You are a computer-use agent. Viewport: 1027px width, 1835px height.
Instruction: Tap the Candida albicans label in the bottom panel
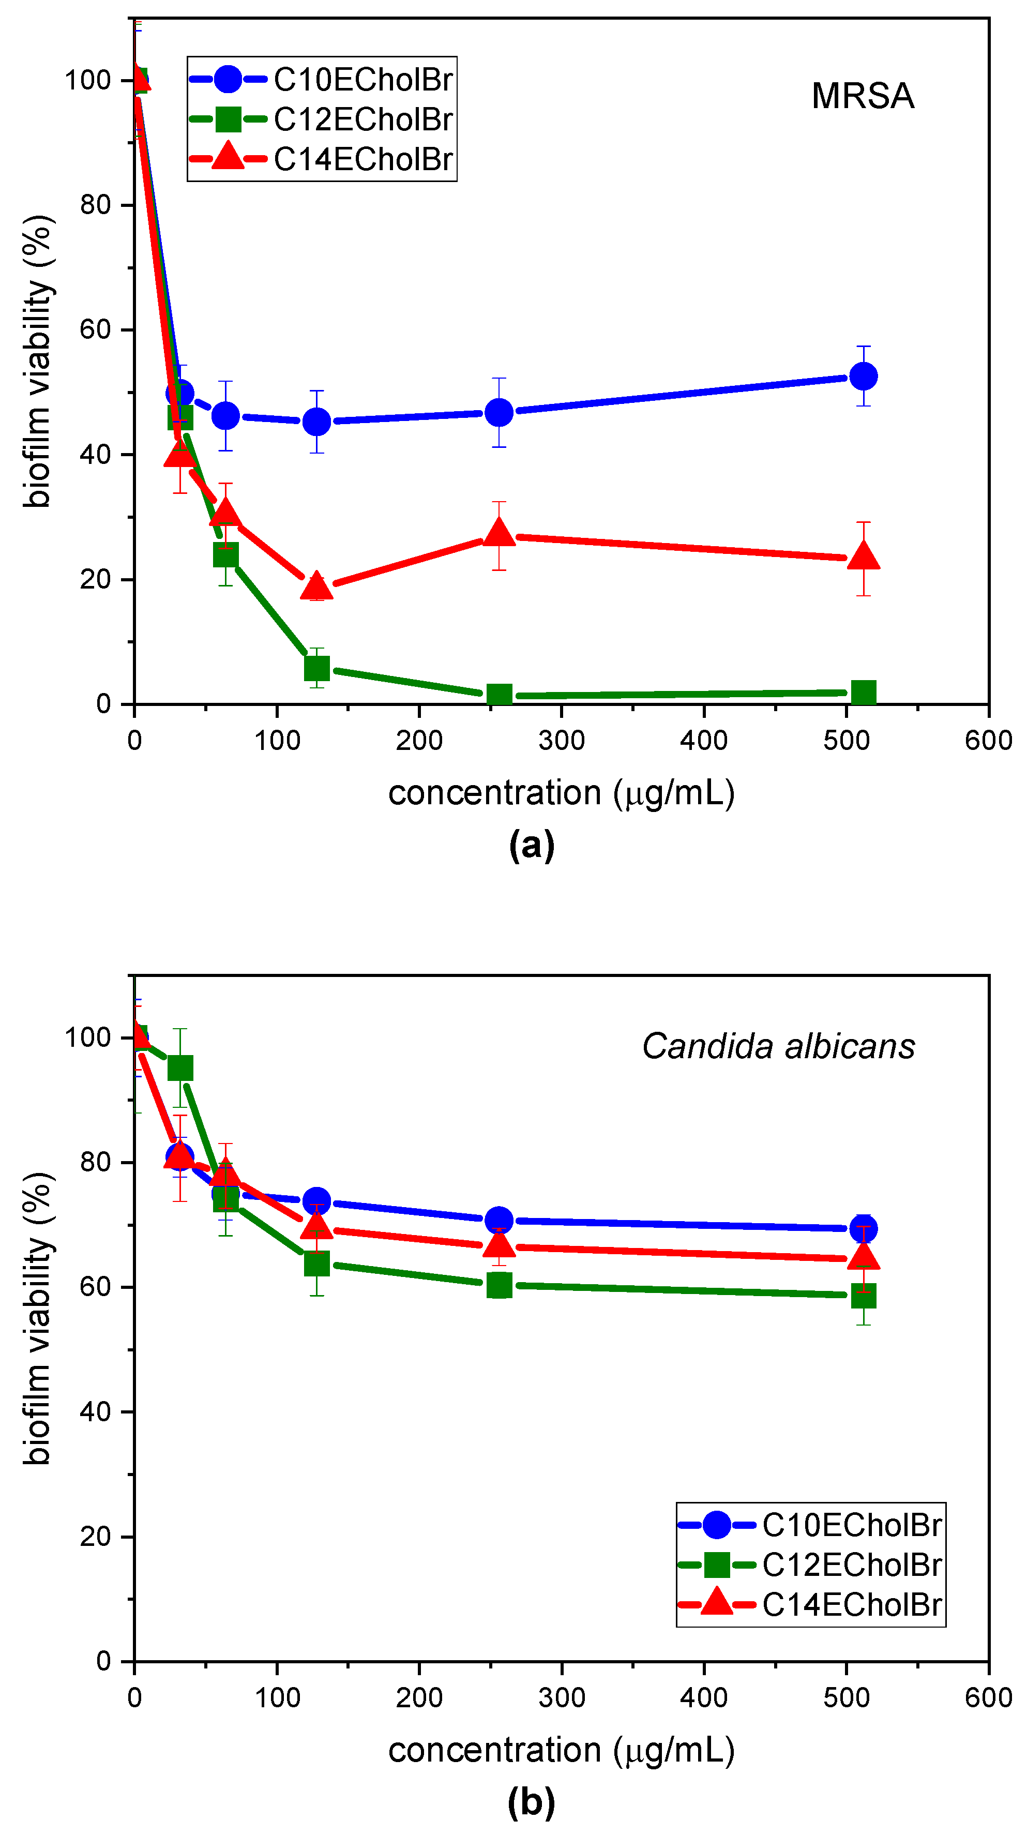coord(778,1046)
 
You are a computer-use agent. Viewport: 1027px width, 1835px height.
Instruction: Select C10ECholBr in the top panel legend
coord(363,80)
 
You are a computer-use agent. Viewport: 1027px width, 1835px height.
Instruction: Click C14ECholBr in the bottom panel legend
coord(851,1605)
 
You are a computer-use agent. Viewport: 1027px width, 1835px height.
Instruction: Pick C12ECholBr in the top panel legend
coord(363,119)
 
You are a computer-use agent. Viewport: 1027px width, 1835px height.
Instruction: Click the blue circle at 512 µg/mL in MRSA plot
coord(863,376)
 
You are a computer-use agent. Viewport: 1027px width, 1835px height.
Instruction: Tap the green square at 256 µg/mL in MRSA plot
coord(499,695)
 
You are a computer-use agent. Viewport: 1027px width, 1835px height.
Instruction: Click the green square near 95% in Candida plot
coord(180,1069)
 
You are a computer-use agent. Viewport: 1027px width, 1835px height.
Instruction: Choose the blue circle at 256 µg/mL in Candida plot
coord(499,1220)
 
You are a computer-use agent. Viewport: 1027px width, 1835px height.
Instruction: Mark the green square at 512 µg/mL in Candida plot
coord(863,1296)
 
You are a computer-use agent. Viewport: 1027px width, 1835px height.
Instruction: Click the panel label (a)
coord(531,846)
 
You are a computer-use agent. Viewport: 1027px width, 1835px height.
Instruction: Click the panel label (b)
coord(531,1802)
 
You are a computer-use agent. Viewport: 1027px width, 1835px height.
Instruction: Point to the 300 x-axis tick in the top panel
coord(561,741)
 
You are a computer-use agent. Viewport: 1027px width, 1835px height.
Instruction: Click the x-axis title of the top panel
coord(561,793)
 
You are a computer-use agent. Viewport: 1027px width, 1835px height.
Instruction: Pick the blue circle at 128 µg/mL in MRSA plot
coord(316,422)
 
